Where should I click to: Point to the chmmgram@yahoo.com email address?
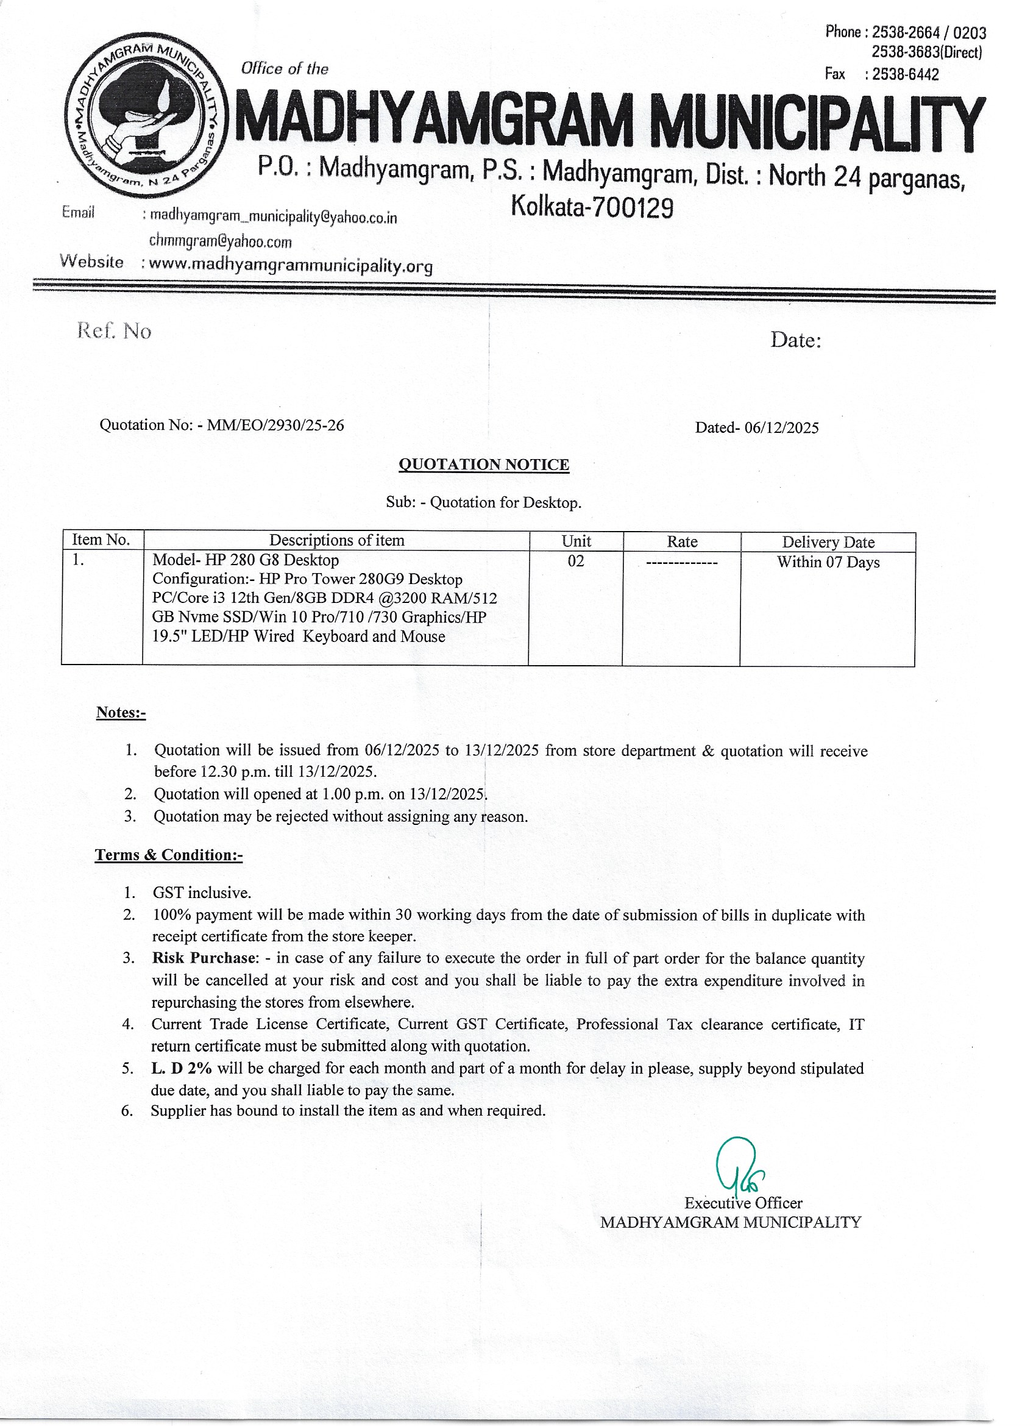point(221,241)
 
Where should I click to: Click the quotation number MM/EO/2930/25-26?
point(275,425)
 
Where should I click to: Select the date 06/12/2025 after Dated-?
point(781,428)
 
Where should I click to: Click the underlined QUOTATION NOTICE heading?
point(484,465)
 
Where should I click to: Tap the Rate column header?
point(682,541)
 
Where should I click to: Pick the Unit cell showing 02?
point(576,561)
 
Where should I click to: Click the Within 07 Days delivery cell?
point(828,562)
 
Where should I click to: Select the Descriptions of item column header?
point(336,540)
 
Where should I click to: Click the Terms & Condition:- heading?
point(168,855)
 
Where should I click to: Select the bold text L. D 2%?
point(181,1068)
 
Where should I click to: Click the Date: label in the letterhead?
point(796,340)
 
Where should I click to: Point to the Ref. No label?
point(114,330)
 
